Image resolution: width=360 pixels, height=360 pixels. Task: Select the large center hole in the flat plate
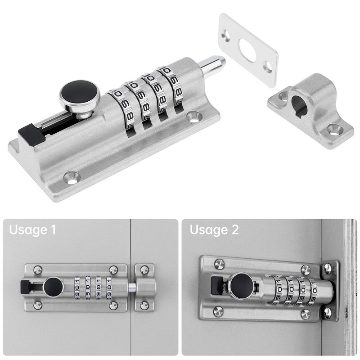247,49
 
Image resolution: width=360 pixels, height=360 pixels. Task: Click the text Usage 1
33,230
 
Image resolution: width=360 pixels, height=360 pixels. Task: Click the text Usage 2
214,230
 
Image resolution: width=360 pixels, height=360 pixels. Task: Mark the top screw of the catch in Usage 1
144,270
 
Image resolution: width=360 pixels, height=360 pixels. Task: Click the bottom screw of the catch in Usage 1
144,306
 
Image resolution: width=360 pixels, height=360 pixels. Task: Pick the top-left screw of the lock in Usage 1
38,270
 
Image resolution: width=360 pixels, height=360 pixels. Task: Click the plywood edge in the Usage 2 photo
350,288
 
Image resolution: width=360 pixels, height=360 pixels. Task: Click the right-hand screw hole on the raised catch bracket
334,129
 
